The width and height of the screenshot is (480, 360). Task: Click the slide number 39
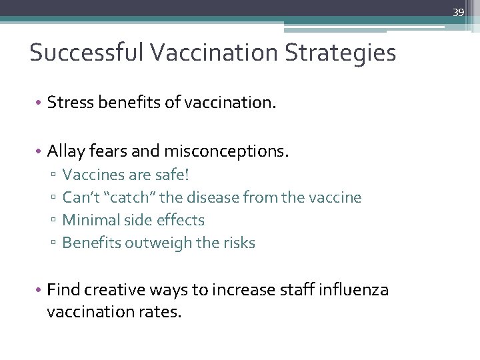(458, 12)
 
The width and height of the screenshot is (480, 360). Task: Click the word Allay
(66, 152)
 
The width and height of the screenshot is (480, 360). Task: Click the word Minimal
(89, 221)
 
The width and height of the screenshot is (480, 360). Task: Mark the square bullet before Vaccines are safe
(53, 176)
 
